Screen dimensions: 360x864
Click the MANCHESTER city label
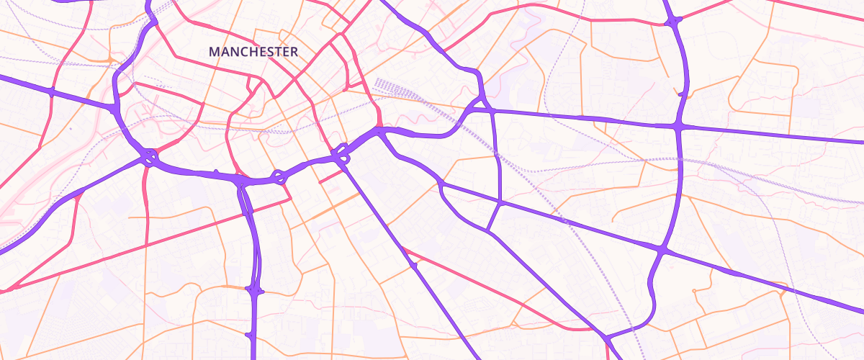tap(253, 52)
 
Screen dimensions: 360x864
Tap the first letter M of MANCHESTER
tap(213, 52)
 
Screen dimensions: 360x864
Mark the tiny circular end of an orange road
tap(693, 291)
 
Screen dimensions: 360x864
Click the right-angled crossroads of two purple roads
tap(678, 127)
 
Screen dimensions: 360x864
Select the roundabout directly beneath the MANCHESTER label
tap(278, 176)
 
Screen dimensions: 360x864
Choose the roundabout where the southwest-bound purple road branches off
tap(148, 156)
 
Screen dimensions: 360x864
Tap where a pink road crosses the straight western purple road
tap(51, 91)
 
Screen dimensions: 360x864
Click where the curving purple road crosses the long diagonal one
tap(662, 250)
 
